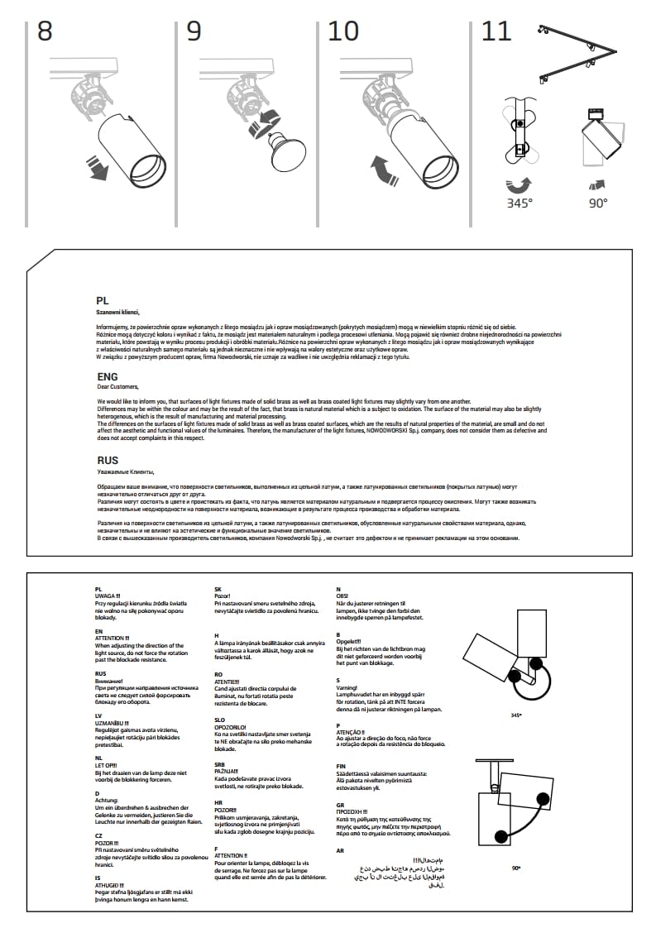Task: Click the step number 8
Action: (45, 31)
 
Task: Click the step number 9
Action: (194, 31)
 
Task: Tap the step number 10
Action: (343, 31)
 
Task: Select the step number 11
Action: (496, 31)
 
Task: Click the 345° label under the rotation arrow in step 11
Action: (520, 202)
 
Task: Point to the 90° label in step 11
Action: (598, 202)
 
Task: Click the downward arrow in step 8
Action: (99, 170)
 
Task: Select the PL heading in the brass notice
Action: (103, 303)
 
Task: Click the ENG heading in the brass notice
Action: (108, 377)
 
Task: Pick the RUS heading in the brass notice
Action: (108, 461)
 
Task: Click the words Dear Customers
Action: (118, 387)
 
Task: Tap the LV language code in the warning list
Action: (98, 714)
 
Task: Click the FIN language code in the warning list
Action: (341, 766)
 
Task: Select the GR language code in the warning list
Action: (340, 804)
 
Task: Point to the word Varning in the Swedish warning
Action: (346, 687)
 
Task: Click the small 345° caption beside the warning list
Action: (517, 715)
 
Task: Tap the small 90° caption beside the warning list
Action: (516, 868)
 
